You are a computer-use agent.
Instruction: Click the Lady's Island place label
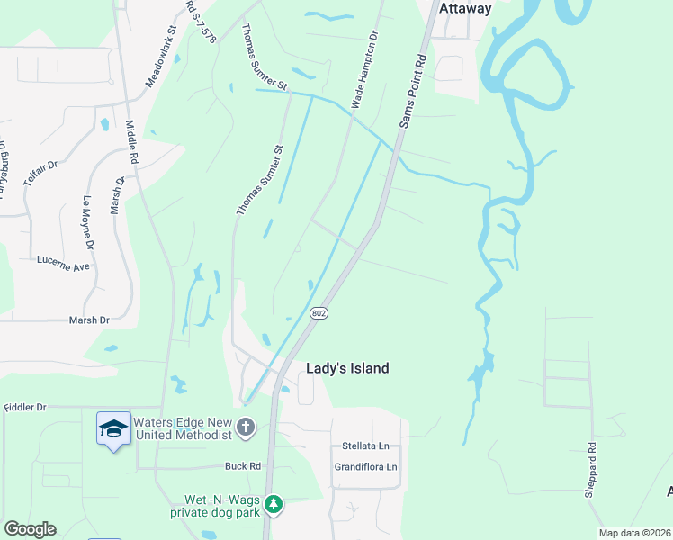(347, 368)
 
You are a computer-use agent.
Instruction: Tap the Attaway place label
(466, 8)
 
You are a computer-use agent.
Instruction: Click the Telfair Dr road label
(40, 167)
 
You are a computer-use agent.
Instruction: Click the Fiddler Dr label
(24, 408)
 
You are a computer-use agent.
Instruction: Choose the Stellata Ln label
(365, 445)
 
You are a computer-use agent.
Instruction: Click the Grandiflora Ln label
(365, 467)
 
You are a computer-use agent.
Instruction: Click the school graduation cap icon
(113, 430)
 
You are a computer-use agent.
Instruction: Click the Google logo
(30, 529)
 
